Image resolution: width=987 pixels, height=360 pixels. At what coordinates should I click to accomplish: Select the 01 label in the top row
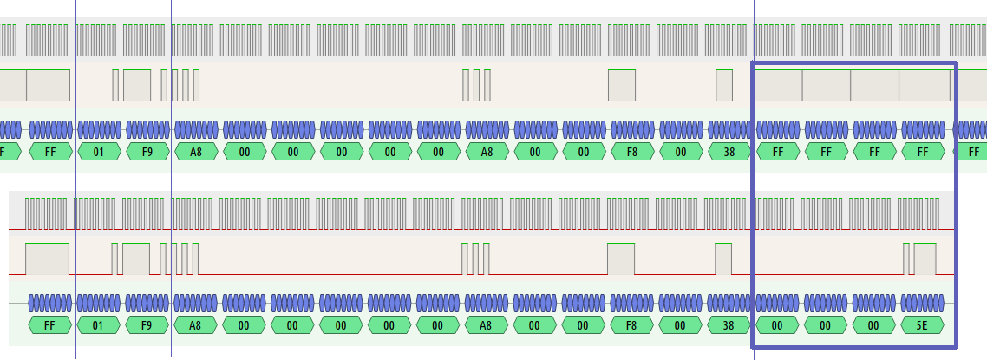coord(98,153)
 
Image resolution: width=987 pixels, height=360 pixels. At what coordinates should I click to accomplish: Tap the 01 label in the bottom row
coord(98,326)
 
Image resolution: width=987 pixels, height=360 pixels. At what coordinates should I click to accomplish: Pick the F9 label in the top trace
coord(147,153)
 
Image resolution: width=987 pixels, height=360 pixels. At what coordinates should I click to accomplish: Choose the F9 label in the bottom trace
coord(147,326)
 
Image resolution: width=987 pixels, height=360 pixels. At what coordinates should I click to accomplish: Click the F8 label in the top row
coord(632,153)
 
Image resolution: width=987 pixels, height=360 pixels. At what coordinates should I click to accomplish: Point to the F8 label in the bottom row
coord(632,326)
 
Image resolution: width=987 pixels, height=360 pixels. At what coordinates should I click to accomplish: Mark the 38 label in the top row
coord(729,153)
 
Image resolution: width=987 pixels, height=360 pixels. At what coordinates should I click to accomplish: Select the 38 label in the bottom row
coord(729,326)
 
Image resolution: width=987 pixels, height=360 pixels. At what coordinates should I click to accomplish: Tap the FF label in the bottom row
coord(49,326)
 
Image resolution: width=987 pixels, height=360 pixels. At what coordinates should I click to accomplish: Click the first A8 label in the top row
coord(195,153)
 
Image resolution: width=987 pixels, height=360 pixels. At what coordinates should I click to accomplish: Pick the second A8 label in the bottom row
coord(487,326)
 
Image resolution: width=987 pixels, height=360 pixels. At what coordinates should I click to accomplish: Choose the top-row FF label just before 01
coord(49,153)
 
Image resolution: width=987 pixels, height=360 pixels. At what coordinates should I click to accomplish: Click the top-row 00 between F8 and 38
coord(681,153)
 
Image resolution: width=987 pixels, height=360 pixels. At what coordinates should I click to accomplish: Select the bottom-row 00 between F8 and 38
coord(681,326)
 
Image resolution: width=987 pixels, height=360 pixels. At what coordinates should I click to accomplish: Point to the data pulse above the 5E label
coord(925,259)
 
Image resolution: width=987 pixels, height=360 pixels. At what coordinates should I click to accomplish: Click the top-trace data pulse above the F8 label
coord(621,85)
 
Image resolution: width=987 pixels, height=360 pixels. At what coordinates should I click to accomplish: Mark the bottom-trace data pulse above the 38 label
coord(723,259)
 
